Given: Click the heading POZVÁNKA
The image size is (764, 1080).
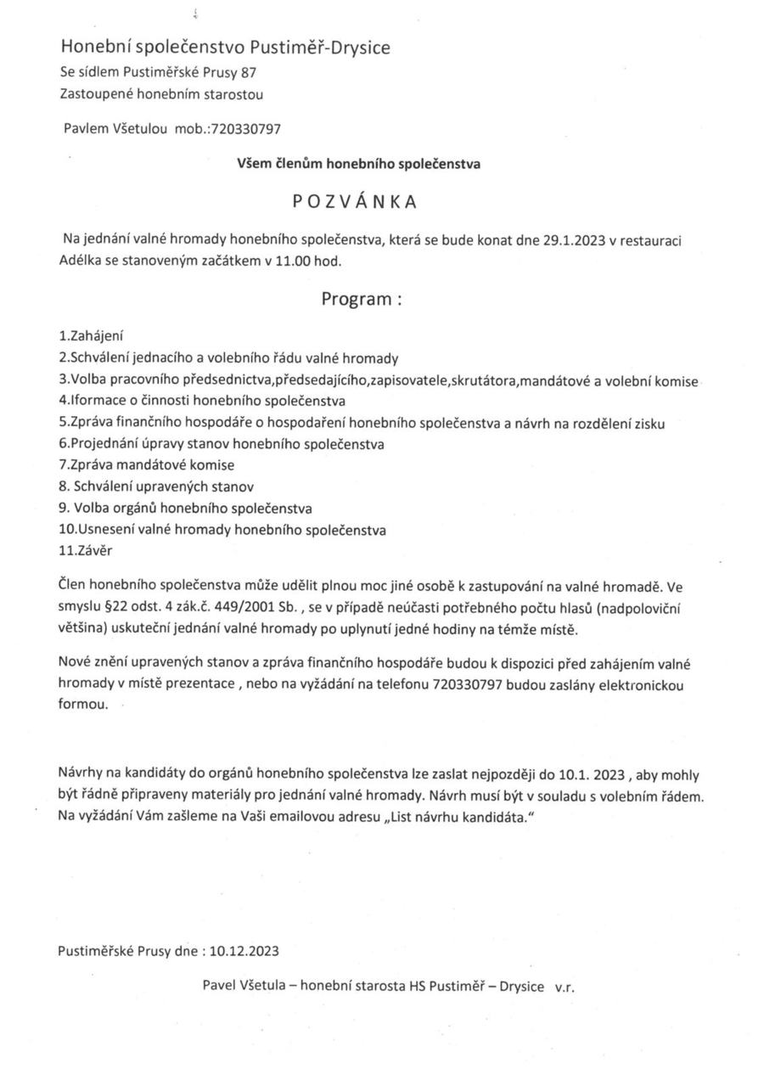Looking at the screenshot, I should [x=355, y=201].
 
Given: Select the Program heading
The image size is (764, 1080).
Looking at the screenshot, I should [x=360, y=299].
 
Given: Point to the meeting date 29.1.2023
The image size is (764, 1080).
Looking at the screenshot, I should [x=573, y=240].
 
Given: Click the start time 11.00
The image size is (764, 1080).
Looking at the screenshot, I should [x=294, y=262].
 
